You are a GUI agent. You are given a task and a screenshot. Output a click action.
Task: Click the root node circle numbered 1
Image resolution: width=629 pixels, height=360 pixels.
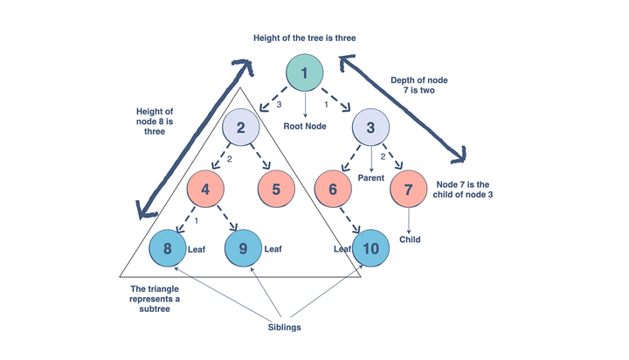tap(304, 74)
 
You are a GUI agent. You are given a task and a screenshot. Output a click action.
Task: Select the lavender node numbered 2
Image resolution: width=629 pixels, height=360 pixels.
tap(240, 128)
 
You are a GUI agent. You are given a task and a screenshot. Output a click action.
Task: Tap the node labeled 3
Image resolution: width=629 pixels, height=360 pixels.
tap(370, 128)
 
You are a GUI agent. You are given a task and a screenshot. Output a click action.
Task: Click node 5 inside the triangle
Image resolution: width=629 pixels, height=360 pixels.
tap(274, 188)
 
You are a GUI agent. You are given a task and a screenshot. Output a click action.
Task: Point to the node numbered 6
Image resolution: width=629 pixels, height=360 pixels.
tap(333, 188)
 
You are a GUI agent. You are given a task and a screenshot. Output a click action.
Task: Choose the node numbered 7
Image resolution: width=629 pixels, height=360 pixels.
tap(408, 188)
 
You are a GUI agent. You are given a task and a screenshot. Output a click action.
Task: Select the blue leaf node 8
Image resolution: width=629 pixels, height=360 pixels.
tap(166, 248)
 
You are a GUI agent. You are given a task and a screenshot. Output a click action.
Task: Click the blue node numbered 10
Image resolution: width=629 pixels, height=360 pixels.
tap(370, 248)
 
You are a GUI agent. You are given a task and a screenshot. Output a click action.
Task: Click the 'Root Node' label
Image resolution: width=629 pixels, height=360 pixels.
tap(304, 126)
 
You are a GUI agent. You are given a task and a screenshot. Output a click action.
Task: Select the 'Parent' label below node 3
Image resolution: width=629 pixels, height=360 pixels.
tap(371, 178)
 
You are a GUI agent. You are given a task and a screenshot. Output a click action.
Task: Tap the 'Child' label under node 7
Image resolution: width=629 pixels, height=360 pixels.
tap(410, 239)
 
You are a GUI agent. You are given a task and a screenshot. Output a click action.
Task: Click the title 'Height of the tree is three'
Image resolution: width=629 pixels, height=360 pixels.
tap(304, 38)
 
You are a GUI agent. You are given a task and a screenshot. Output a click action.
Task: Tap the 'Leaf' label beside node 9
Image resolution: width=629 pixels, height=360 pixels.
tap(273, 248)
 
